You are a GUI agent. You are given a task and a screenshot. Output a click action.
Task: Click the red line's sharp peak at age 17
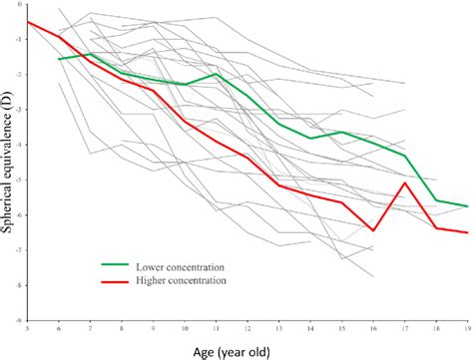[403, 182]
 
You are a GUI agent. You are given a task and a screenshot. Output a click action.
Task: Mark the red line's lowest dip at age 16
[372, 230]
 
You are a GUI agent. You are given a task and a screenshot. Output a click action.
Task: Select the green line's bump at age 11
[216, 74]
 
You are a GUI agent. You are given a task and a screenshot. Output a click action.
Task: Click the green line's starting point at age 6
[60, 59]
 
